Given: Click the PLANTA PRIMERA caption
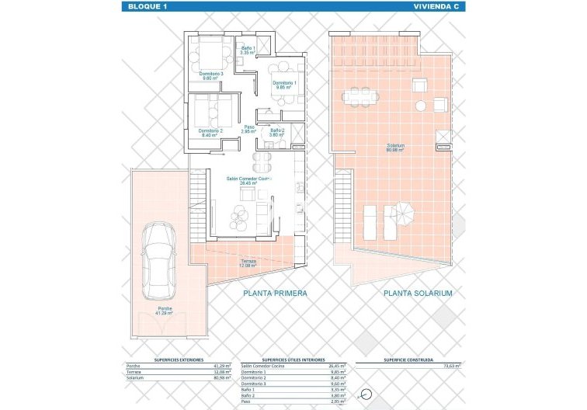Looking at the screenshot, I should (275, 294).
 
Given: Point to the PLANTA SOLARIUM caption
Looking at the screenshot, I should (418, 294).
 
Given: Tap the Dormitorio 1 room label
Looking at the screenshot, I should (283, 85).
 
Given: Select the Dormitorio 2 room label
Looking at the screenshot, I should (210, 133).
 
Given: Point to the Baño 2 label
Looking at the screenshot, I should (277, 133).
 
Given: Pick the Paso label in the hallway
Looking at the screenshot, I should (249, 130).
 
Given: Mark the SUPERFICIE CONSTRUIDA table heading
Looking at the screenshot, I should (408, 360).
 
